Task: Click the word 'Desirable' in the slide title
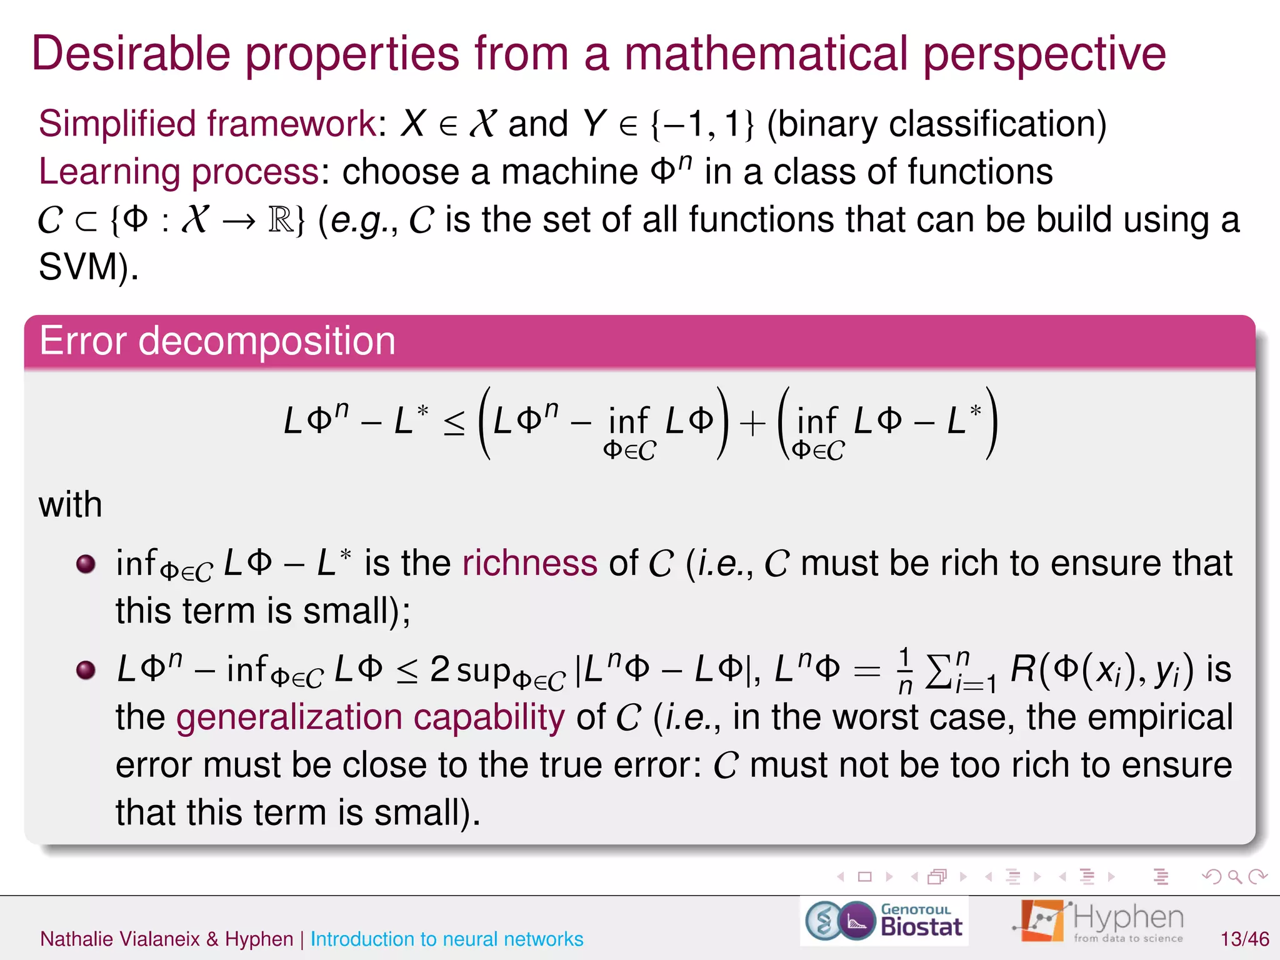(131, 54)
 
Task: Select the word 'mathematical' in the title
(766, 54)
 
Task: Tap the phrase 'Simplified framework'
(207, 123)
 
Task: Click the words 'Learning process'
(179, 171)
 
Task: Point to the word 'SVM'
(79, 267)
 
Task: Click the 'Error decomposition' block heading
(217, 341)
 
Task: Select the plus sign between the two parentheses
(752, 424)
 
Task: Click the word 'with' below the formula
(70, 504)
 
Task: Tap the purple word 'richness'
(529, 563)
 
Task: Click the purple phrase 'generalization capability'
(370, 717)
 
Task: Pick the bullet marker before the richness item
(86, 564)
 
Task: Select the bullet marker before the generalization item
(86, 670)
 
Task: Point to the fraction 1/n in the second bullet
(904, 671)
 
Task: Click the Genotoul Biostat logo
(884, 921)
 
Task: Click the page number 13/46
(1244, 939)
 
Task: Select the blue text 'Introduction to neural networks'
(446, 939)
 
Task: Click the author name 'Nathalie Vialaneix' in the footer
(119, 939)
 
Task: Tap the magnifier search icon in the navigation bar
(1234, 877)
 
